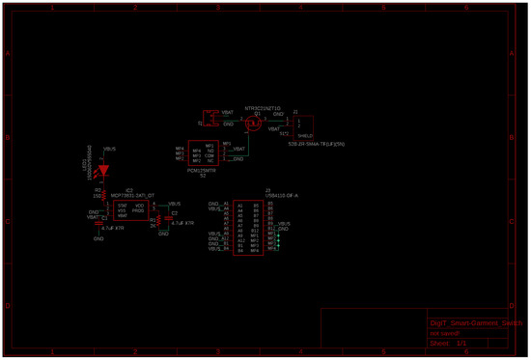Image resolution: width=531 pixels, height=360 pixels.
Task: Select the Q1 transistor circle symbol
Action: coord(255,123)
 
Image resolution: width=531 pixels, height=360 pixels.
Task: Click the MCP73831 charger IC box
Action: coord(132,211)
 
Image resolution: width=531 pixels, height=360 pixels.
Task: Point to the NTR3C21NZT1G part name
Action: coord(262,108)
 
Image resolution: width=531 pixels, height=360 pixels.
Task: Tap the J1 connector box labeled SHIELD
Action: coord(303,125)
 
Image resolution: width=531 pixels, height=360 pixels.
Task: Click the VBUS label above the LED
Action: coord(109,150)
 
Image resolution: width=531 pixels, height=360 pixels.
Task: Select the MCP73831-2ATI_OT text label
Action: coord(132,195)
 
